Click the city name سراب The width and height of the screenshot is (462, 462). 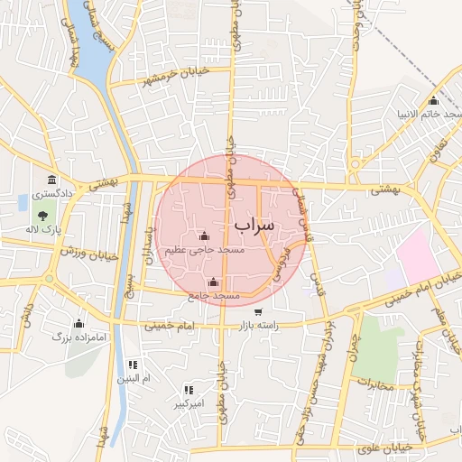(x=254, y=223)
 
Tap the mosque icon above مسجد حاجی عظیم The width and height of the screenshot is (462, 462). (x=202, y=236)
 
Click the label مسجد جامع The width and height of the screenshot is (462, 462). (x=214, y=295)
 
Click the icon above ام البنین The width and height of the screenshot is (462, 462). (x=133, y=365)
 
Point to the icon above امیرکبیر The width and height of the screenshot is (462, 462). (x=189, y=390)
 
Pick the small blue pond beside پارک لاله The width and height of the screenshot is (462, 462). (x=22, y=201)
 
